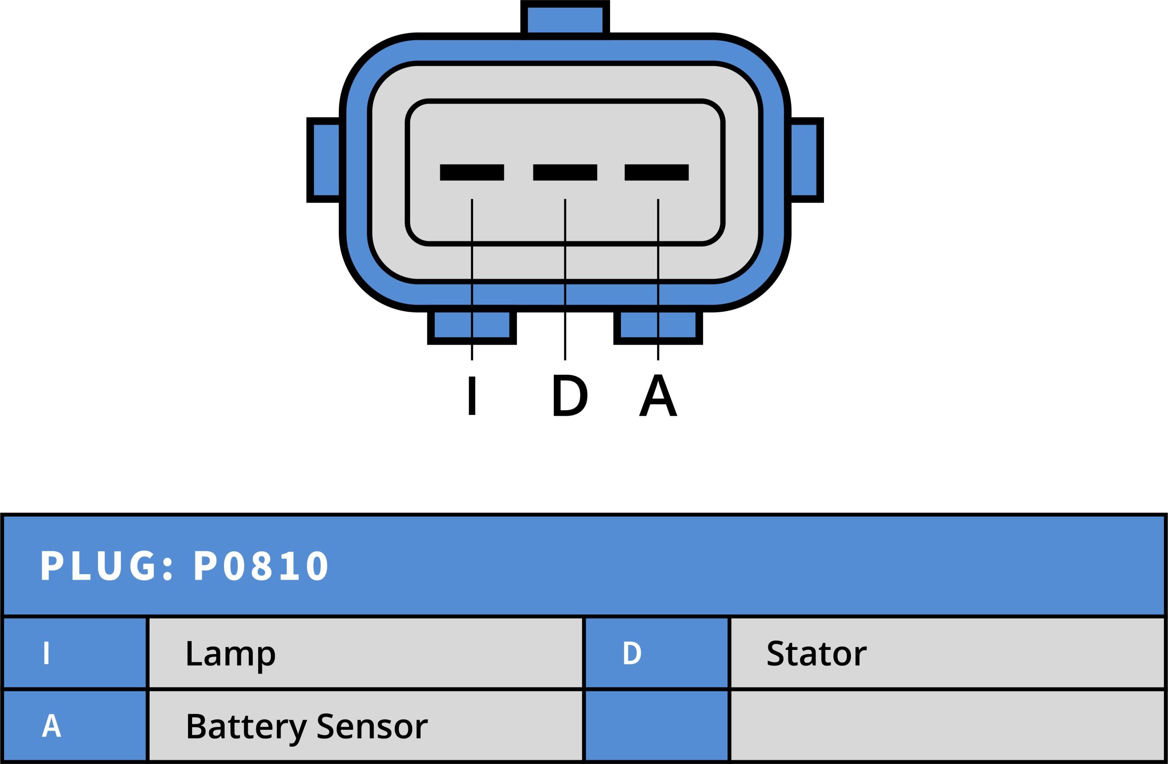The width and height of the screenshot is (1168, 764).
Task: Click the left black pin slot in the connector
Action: pos(472,173)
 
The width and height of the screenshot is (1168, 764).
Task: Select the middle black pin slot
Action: pos(565,173)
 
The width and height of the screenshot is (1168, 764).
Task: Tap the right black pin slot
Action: pos(657,173)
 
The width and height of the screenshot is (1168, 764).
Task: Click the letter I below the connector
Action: pos(472,396)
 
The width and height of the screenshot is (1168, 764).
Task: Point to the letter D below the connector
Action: pos(570,395)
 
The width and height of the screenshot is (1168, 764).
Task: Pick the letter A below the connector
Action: pos(658,395)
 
